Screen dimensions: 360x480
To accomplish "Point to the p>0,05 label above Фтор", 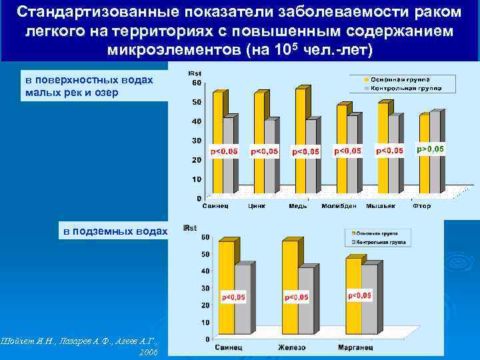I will tap(430, 149).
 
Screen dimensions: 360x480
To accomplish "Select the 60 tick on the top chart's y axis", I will tap(197, 83).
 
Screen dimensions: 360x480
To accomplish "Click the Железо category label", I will tap(293, 347).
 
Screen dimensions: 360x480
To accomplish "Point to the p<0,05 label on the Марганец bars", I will tap(360, 295).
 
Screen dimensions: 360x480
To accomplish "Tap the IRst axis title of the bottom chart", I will tap(190, 228).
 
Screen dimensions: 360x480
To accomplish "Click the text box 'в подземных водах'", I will tap(115, 231).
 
